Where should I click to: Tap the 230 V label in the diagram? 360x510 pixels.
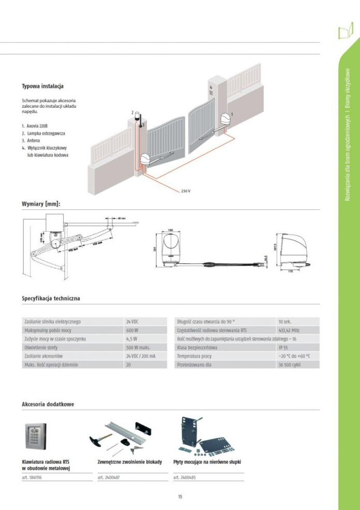pos(185,191)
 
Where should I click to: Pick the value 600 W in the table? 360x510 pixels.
pos(132,330)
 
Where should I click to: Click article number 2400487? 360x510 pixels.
pos(108,477)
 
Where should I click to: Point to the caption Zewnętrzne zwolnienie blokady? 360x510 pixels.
pos(130,461)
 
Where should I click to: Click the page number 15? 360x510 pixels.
pos(180,497)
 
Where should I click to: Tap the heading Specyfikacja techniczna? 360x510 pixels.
pos(51,299)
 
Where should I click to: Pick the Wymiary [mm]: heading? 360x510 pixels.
pos(41,204)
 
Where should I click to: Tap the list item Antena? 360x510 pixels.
pos(34,140)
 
